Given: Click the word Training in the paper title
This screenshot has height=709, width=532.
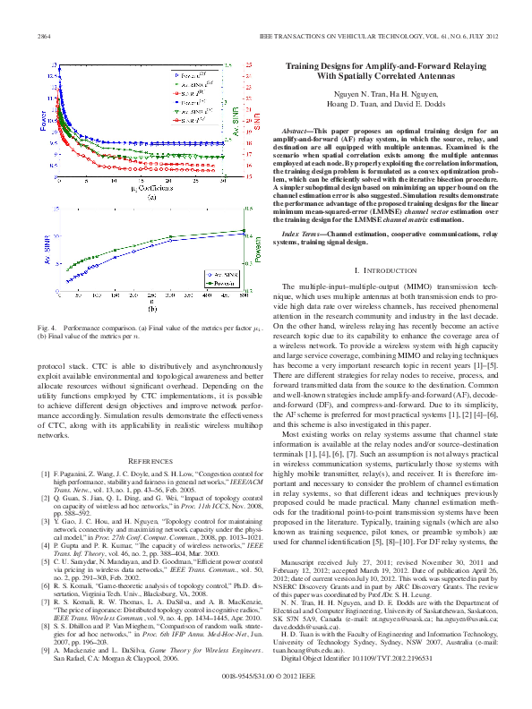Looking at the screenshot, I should pyautogui.click(x=309, y=67).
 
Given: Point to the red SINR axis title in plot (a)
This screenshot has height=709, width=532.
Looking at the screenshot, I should pyautogui.click(x=255, y=119).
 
